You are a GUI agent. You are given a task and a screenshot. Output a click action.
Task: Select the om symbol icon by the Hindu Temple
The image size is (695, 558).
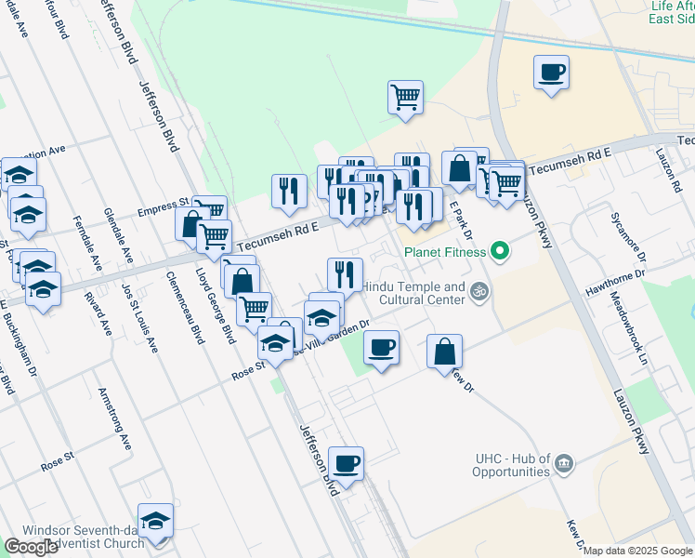(479, 292)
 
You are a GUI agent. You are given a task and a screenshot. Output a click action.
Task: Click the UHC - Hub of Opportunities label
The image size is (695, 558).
(512, 465)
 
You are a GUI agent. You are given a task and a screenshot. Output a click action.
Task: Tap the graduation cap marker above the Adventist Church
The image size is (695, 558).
(155, 521)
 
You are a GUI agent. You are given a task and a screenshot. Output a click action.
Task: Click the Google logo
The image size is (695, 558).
(31, 547)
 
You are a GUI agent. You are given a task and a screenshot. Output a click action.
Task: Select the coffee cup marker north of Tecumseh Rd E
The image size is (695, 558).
(551, 73)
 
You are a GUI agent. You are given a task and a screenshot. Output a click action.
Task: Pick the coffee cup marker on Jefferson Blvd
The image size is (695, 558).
(346, 464)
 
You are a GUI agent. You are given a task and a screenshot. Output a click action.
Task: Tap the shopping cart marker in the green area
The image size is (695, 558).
(405, 96)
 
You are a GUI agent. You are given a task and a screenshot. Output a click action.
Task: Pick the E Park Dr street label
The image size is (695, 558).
(462, 219)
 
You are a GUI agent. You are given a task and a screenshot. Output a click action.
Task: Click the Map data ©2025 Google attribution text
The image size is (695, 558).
(638, 551)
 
